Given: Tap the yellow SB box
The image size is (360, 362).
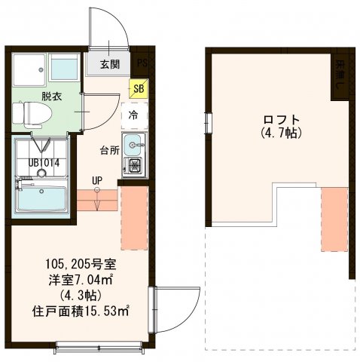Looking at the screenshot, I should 138,88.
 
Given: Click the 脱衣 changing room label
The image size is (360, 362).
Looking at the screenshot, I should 31,96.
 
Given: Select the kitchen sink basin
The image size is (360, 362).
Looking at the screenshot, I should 136,144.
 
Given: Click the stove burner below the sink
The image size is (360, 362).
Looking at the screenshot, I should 136,165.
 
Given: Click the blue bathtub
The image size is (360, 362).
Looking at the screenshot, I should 43,201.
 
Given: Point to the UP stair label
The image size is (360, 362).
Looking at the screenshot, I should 96,180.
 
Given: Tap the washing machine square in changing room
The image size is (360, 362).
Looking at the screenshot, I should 29,70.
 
